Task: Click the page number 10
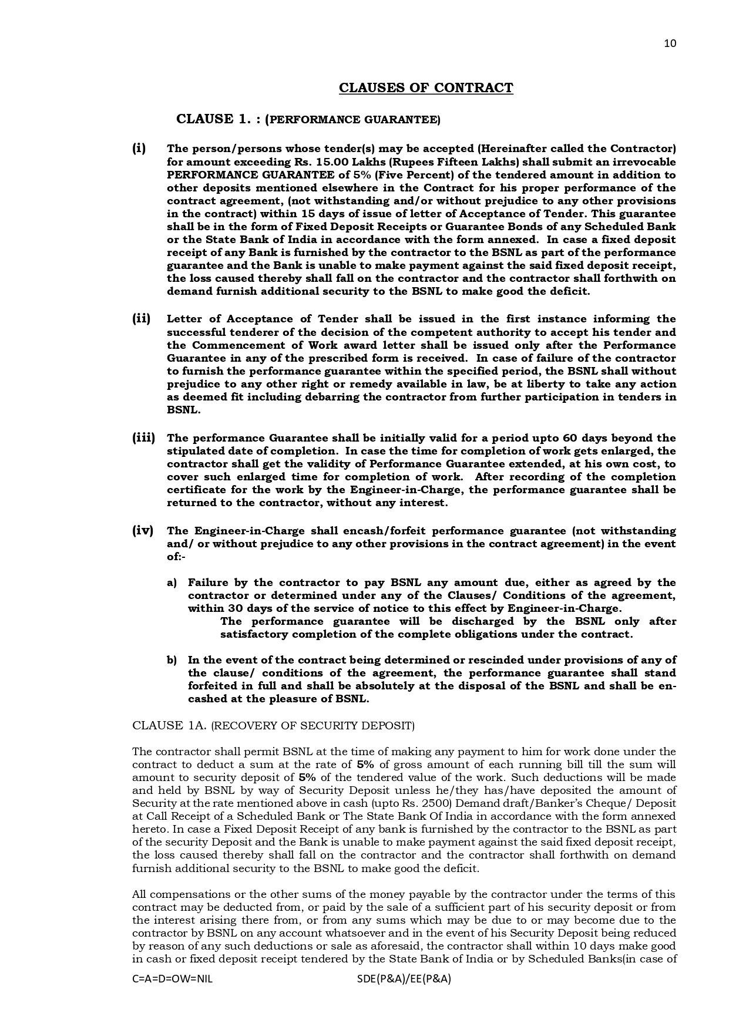click(670, 43)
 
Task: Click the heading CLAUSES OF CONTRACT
click(426, 88)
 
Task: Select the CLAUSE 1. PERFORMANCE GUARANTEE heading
click(308, 119)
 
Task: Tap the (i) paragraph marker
click(139, 148)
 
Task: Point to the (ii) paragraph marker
click(141, 319)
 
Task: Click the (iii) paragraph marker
click(143, 438)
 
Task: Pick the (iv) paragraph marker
click(143, 531)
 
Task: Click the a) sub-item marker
click(172, 583)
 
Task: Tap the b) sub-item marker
click(172, 660)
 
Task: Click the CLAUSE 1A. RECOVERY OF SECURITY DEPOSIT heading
click(273, 726)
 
